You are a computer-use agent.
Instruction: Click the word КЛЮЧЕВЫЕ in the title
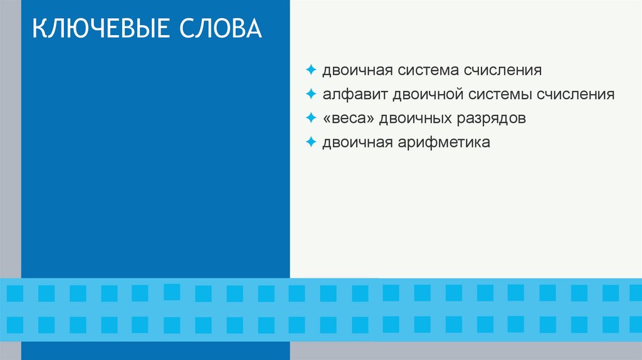[x=103, y=29]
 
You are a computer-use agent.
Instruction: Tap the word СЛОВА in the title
[x=223, y=29]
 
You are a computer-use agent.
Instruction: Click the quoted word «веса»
[x=347, y=119]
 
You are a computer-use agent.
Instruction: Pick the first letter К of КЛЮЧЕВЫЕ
[x=39, y=29]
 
